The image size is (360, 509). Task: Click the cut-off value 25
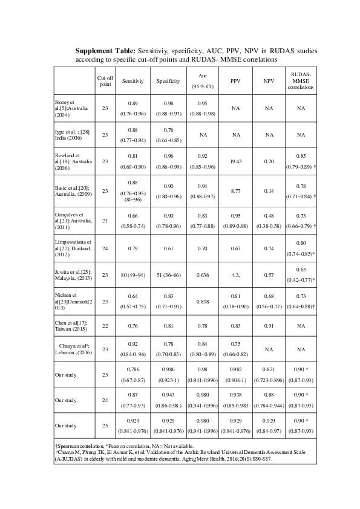(x=105, y=425)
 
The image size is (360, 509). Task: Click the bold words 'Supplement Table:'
(x=105, y=51)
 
